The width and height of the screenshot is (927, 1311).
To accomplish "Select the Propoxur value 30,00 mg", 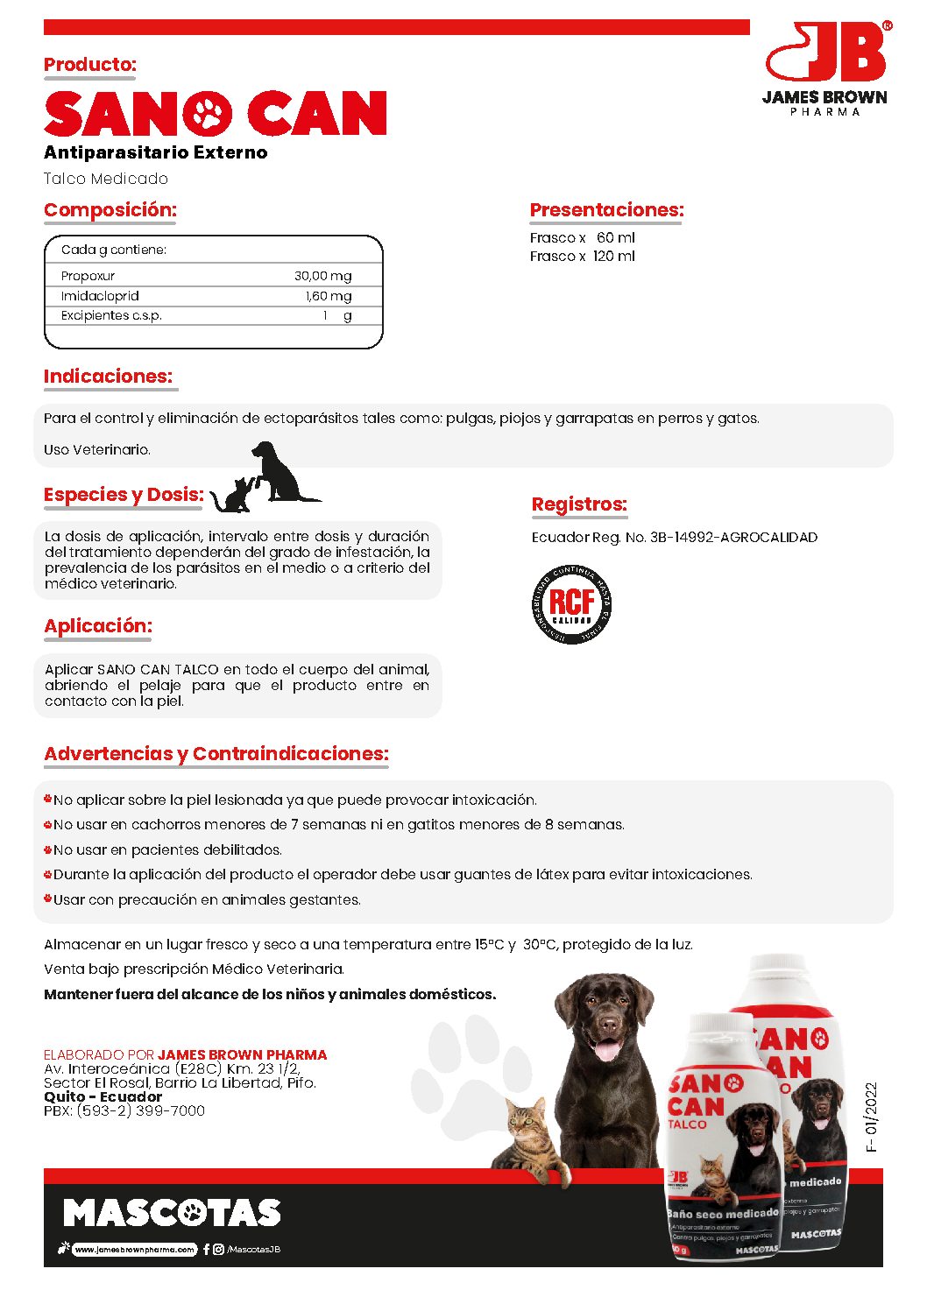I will point(322,276).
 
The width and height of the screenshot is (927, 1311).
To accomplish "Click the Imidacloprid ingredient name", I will point(100,296).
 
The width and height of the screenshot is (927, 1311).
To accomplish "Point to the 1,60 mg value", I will point(329,296).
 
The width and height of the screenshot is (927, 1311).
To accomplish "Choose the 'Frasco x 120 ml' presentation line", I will point(582,257).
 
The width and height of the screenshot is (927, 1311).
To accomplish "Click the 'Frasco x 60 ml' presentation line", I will point(582,237).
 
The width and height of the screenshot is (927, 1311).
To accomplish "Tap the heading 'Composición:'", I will point(110,210).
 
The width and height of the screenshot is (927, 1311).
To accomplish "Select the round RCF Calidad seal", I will point(571,604).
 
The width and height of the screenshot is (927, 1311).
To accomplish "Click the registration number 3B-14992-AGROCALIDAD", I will point(733,537).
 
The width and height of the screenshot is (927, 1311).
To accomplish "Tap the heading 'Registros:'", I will point(579,504).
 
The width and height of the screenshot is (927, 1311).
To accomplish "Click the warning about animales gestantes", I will point(207,899).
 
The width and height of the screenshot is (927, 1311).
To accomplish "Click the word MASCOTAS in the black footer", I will point(172,1213).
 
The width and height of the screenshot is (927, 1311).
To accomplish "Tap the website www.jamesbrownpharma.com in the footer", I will point(134,1250).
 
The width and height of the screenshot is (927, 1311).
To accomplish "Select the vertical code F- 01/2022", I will point(871,1117).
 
